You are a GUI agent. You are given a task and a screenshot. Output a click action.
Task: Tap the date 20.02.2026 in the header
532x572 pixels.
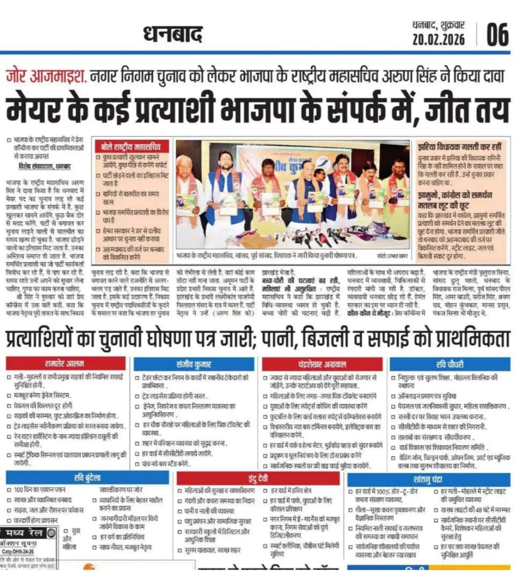tap(438, 39)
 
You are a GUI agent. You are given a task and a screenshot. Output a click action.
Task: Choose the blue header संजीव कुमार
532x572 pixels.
tap(194, 365)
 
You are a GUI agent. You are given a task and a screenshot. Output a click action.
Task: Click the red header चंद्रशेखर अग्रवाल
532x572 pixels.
tap(323, 365)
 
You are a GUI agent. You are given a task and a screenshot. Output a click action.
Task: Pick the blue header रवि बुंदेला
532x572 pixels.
tap(87, 478)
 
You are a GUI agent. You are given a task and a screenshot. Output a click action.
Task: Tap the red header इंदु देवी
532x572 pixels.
tap(258, 478)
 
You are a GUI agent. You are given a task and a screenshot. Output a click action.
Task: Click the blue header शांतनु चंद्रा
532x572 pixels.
tap(428, 478)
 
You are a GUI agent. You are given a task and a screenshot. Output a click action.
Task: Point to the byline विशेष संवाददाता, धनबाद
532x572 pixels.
tap(43, 167)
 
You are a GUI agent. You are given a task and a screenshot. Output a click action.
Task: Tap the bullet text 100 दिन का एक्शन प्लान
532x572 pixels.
tap(39, 490)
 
